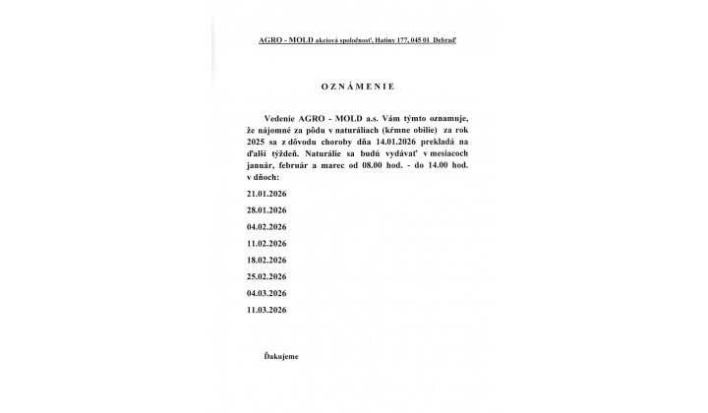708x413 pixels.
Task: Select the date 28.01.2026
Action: pos(266,210)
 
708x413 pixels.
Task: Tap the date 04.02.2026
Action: pos(266,225)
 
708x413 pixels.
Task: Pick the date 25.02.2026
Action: pos(266,275)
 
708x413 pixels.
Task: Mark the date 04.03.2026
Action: pos(266,292)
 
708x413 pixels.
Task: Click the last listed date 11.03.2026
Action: pos(266,309)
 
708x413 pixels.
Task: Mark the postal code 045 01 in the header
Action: pos(421,39)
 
